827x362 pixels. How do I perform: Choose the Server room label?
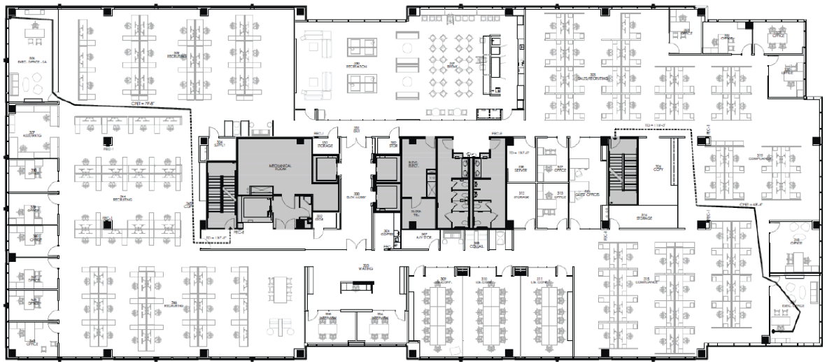520,169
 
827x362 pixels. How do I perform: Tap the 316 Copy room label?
657,168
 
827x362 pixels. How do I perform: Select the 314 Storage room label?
644,217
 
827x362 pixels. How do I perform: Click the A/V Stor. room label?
424,236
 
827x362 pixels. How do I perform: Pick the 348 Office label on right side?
796,240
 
